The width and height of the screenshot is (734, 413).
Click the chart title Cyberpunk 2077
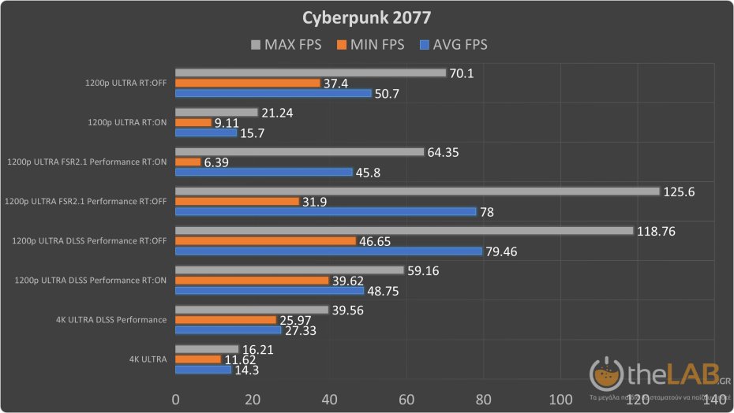366,17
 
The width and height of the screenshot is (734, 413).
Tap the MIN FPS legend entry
370,45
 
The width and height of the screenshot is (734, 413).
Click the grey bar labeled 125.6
417,192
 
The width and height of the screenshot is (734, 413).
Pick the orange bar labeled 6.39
188,162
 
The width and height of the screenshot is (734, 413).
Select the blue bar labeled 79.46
328,251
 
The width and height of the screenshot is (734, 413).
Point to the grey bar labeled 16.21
206,349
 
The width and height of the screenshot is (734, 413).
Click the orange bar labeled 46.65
264,241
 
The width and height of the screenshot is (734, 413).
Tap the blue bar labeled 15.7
205,132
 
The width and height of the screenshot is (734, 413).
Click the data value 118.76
664,231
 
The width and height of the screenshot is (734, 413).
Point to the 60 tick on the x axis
406,399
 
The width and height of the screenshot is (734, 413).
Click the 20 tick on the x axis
252,399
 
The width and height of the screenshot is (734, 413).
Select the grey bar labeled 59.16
288,270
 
